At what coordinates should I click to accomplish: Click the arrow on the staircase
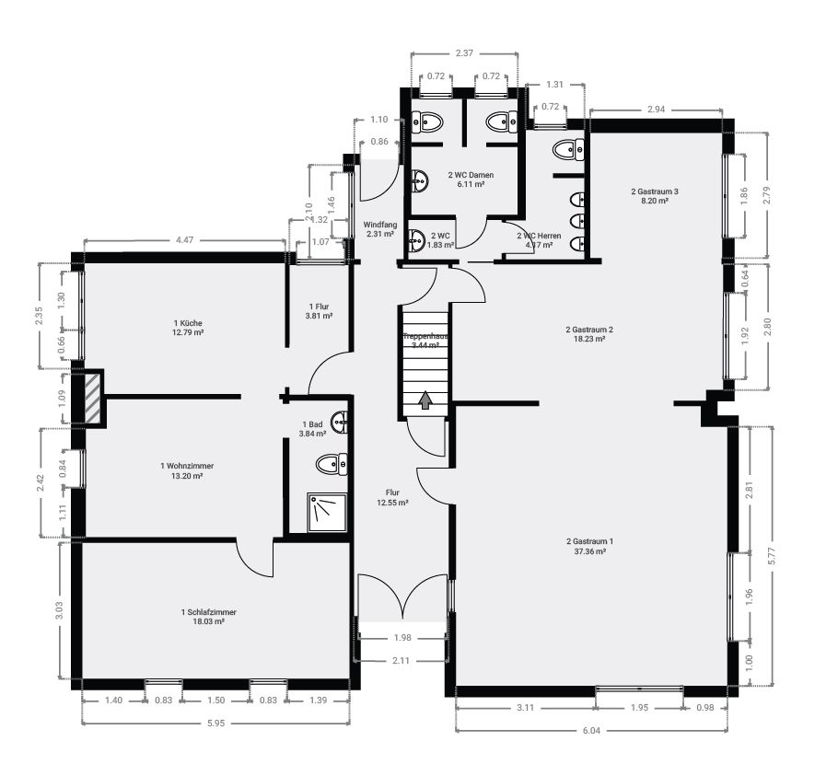click(425, 400)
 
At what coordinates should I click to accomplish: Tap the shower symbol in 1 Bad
click(322, 510)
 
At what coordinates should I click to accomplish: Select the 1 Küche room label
click(187, 328)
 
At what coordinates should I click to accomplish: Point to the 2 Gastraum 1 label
click(586, 547)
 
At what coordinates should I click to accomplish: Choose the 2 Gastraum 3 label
click(654, 195)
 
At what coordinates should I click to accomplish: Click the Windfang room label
click(379, 229)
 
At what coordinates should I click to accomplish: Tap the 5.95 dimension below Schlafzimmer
click(216, 724)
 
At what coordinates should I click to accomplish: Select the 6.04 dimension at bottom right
click(592, 731)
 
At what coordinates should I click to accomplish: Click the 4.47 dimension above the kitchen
click(184, 240)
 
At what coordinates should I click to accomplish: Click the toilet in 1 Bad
click(330, 463)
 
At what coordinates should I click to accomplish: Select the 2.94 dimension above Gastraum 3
click(656, 110)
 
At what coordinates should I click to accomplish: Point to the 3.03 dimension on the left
click(60, 610)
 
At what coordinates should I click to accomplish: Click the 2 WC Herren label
click(539, 240)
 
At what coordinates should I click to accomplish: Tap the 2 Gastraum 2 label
click(589, 333)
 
